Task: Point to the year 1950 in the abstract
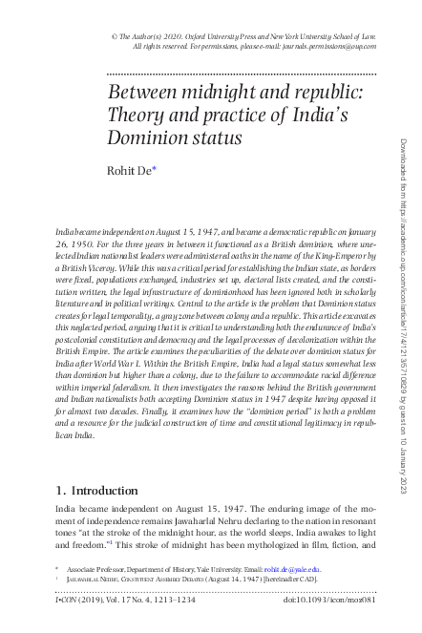pos(81,244)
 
